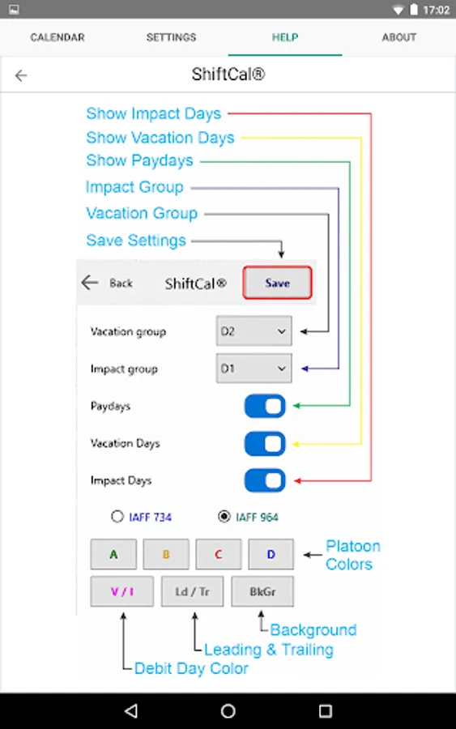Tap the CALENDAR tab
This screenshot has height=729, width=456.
tap(58, 37)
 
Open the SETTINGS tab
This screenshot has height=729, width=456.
tap(171, 37)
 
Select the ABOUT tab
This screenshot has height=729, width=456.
tap(398, 37)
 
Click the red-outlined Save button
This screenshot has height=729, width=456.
tap(277, 283)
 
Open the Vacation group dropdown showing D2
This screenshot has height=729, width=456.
tap(254, 331)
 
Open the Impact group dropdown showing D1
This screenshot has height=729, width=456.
tap(254, 369)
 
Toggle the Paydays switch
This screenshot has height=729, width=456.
tap(265, 406)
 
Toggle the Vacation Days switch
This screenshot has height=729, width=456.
tap(265, 444)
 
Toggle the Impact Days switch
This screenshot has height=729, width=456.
tap(265, 480)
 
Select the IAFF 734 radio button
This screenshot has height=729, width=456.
tap(117, 517)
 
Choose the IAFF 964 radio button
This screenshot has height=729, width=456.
tap(224, 517)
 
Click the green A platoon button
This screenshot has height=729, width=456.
tap(113, 554)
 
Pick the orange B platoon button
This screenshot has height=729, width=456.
tap(166, 554)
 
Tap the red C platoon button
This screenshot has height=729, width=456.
tap(219, 554)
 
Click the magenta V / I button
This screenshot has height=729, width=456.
tap(121, 591)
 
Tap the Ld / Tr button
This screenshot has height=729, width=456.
tap(193, 591)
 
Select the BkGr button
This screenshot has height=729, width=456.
tap(262, 591)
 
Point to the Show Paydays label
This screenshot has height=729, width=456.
tap(139, 160)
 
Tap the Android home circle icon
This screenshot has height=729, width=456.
tap(228, 711)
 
